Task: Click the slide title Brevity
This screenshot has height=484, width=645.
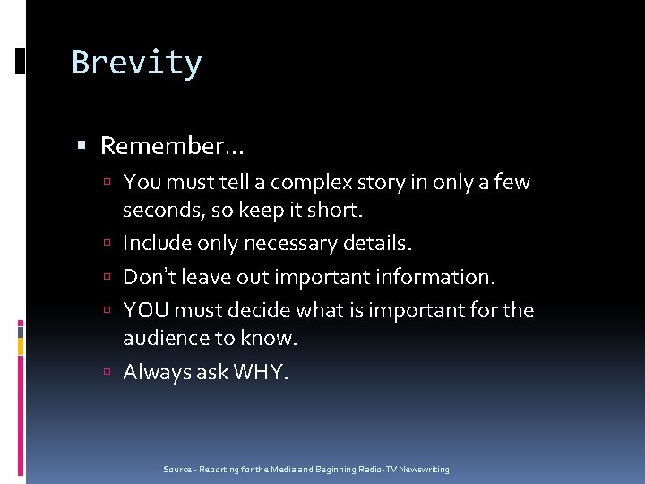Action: click(x=137, y=63)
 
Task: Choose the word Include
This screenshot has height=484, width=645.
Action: click(x=156, y=243)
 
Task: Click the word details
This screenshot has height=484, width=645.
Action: click(x=380, y=243)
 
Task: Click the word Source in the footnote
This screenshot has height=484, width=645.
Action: click(x=176, y=470)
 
